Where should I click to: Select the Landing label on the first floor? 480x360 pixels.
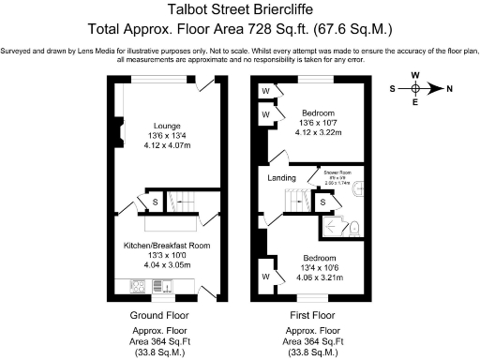click(281, 178)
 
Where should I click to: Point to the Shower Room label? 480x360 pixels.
click(337, 172)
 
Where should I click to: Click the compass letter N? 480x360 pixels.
click(449, 89)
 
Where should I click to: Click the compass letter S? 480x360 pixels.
click(392, 89)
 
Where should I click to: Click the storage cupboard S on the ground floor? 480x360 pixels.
click(153, 201)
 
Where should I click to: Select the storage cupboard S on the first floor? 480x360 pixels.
click(322, 201)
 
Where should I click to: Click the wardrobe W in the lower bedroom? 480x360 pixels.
click(266, 277)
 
